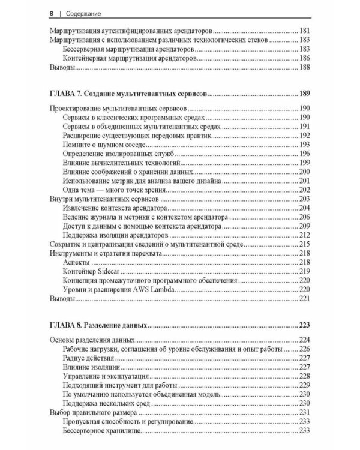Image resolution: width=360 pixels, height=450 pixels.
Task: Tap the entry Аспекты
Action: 76,263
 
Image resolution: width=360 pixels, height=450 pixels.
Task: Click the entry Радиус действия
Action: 89,357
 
